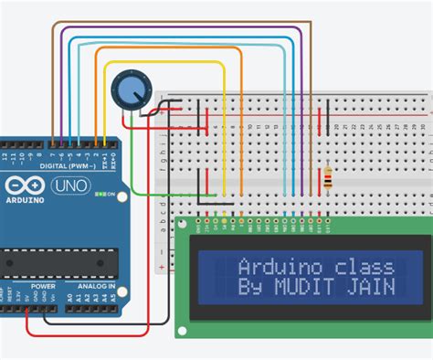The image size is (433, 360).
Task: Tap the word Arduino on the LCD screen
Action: point(270,267)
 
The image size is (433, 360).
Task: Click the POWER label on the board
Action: point(43,285)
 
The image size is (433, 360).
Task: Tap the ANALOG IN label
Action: point(97,285)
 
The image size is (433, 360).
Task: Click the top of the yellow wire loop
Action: point(164,63)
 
